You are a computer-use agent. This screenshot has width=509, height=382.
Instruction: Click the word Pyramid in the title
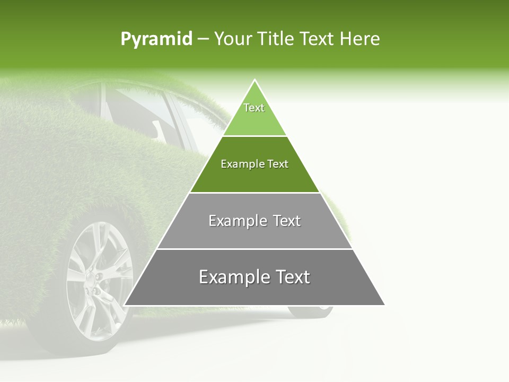156,39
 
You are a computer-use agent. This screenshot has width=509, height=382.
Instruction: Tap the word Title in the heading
276,39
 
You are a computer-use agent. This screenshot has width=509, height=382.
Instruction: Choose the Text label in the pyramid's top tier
254,108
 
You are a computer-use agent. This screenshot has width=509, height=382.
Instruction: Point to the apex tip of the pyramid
254,80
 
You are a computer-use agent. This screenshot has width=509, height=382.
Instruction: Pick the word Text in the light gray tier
287,221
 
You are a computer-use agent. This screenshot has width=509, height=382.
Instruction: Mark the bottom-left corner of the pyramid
124,305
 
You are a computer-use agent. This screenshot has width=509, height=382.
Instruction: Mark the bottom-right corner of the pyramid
384,305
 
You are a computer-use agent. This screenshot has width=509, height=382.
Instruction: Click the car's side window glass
138,109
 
